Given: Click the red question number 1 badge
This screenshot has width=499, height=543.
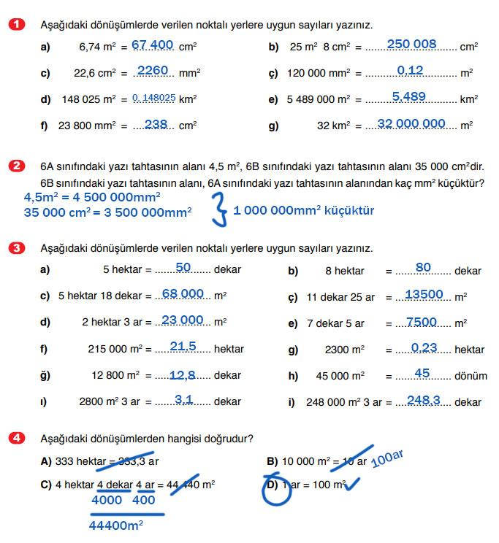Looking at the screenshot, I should [16, 25].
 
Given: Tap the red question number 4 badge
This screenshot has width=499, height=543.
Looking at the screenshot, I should [16, 439].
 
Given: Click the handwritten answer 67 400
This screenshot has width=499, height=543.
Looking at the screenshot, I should [153, 45].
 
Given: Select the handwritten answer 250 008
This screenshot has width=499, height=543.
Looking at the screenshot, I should [411, 45].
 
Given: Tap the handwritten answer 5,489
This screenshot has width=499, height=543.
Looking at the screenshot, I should [408, 97].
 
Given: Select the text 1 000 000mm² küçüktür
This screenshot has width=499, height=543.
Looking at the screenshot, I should [303, 211].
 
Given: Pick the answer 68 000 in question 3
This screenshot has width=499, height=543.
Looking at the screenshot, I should [183, 294].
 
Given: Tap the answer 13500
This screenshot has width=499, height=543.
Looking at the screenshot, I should [424, 295].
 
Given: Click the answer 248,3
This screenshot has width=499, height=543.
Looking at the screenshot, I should [424, 400].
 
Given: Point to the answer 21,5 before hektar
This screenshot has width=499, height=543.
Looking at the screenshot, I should [183, 347].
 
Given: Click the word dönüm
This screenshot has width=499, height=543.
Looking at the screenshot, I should [471, 377].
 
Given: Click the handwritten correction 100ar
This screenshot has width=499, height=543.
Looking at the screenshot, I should [387, 459].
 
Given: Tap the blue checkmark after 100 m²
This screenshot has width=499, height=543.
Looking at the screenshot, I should [354, 484].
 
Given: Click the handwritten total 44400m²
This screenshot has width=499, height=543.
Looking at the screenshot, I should [116, 525].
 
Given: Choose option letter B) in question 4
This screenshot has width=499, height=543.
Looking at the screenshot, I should [273, 462].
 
